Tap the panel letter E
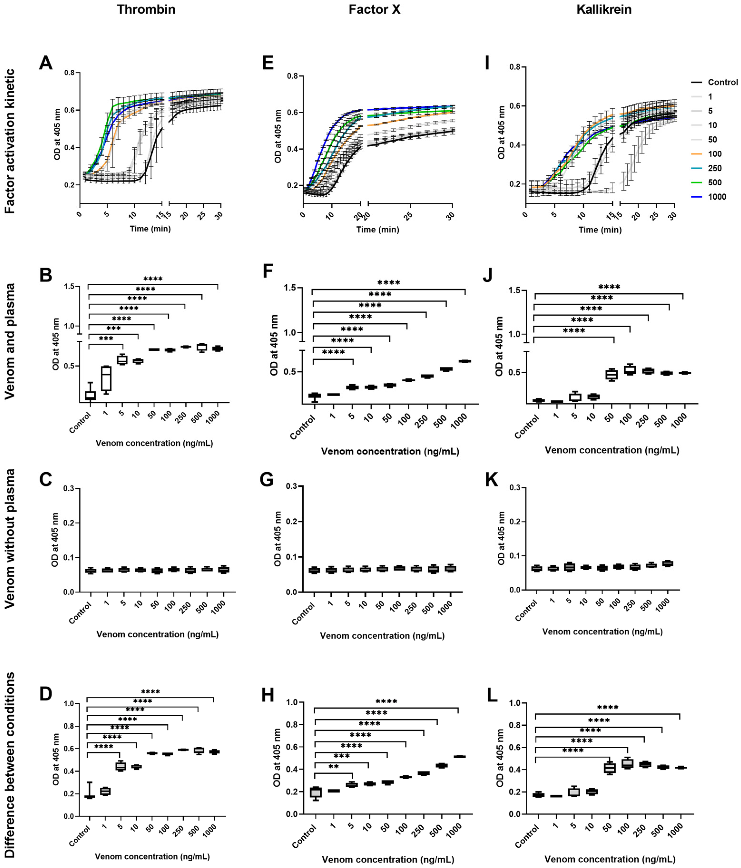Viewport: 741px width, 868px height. pyautogui.click(x=267, y=64)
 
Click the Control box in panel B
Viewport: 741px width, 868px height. pyautogui.click(x=90, y=395)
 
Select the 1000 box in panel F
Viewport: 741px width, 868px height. pyautogui.click(x=465, y=361)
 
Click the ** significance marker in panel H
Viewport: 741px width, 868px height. pyautogui.click(x=334, y=767)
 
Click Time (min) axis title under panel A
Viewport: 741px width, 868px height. pyautogui.click(x=150, y=229)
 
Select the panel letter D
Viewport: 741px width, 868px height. pyautogui.click(x=45, y=693)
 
